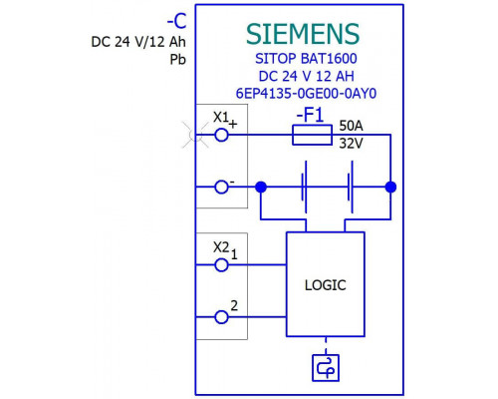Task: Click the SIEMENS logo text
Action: tap(303, 34)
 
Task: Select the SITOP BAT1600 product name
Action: tap(306, 59)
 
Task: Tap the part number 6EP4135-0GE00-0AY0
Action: tap(306, 94)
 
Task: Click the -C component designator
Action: tap(176, 22)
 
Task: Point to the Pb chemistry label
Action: tap(178, 60)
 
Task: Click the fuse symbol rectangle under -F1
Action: tap(312, 135)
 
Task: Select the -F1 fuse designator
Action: tap(310, 115)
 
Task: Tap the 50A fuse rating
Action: tap(351, 126)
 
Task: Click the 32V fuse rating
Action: tap(351, 144)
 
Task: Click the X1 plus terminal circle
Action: tap(221, 135)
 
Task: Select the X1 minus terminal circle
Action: tap(221, 187)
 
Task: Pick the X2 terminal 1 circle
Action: tap(221, 265)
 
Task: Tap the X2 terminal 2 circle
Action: tap(221, 317)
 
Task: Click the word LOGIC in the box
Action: tap(326, 285)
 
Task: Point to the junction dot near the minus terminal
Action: tap(261, 187)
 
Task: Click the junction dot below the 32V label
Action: tap(390, 187)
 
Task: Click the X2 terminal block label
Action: tap(221, 247)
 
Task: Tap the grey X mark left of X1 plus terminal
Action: tap(195, 135)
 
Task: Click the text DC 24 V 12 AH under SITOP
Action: tap(306, 76)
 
